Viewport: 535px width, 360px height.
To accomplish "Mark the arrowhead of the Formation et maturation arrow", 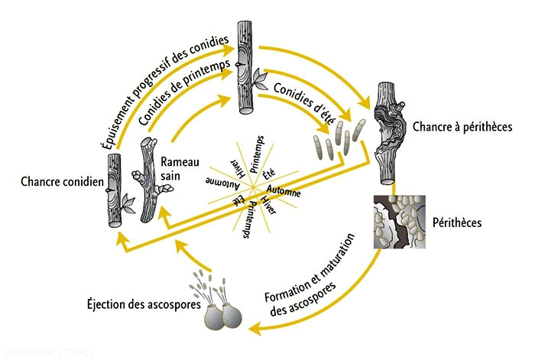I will coord(255,329).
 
